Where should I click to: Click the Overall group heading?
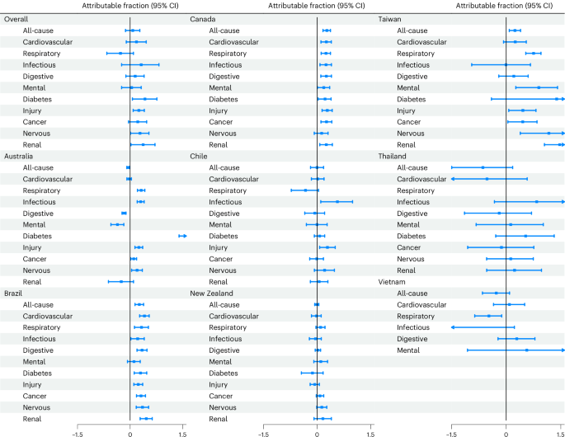tap(14, 18)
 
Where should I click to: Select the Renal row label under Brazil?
tap(32, 419)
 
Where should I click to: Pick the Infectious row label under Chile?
tap(225, 202)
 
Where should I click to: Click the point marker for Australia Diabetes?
tap(182, 236)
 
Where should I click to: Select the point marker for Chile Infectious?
tap(337, 201)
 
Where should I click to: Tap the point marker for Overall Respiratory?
tap(120, 53)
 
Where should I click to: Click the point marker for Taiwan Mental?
tap(539, 87)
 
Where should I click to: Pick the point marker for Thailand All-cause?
tap(483, 167)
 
